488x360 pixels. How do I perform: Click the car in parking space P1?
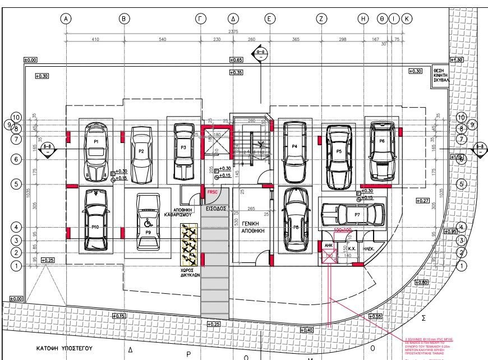[96, 151]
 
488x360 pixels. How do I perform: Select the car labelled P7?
[352, 215]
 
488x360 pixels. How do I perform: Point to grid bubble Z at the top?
[321, 19]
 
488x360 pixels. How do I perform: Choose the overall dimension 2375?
[234, 31]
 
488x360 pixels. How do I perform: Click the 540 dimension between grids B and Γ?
[163, 40]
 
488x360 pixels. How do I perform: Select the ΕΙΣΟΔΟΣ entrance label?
[216, 208]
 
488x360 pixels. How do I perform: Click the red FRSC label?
[212, 192]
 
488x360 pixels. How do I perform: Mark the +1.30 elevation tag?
[457, 60]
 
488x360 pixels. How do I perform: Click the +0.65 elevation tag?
[236, 59]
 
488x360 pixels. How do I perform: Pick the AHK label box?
[329, 245]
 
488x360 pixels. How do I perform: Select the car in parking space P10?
[95, 220]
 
